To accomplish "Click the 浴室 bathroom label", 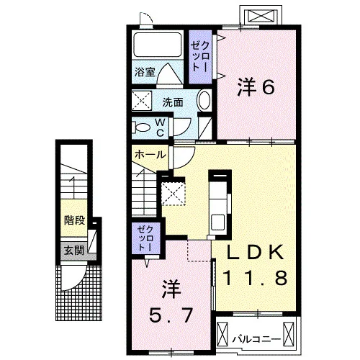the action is click(145, 72).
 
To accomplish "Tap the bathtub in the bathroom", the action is click(157, 45).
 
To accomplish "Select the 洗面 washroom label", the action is click(173, 102).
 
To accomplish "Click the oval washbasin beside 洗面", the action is click(204, 102).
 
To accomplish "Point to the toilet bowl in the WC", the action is click(141, 127).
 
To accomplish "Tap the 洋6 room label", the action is click(256, 87).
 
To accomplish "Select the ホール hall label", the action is click(150, 155).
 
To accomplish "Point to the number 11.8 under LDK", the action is click(255, 277).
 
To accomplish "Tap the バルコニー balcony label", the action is click(257, 340).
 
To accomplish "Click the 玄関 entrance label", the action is click(74, 251).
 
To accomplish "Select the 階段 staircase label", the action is click(74, 220).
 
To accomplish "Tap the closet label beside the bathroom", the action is click(200, 57).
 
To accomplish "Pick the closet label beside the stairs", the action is click(145, 238).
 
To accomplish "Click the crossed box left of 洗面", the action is click(142, 101).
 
